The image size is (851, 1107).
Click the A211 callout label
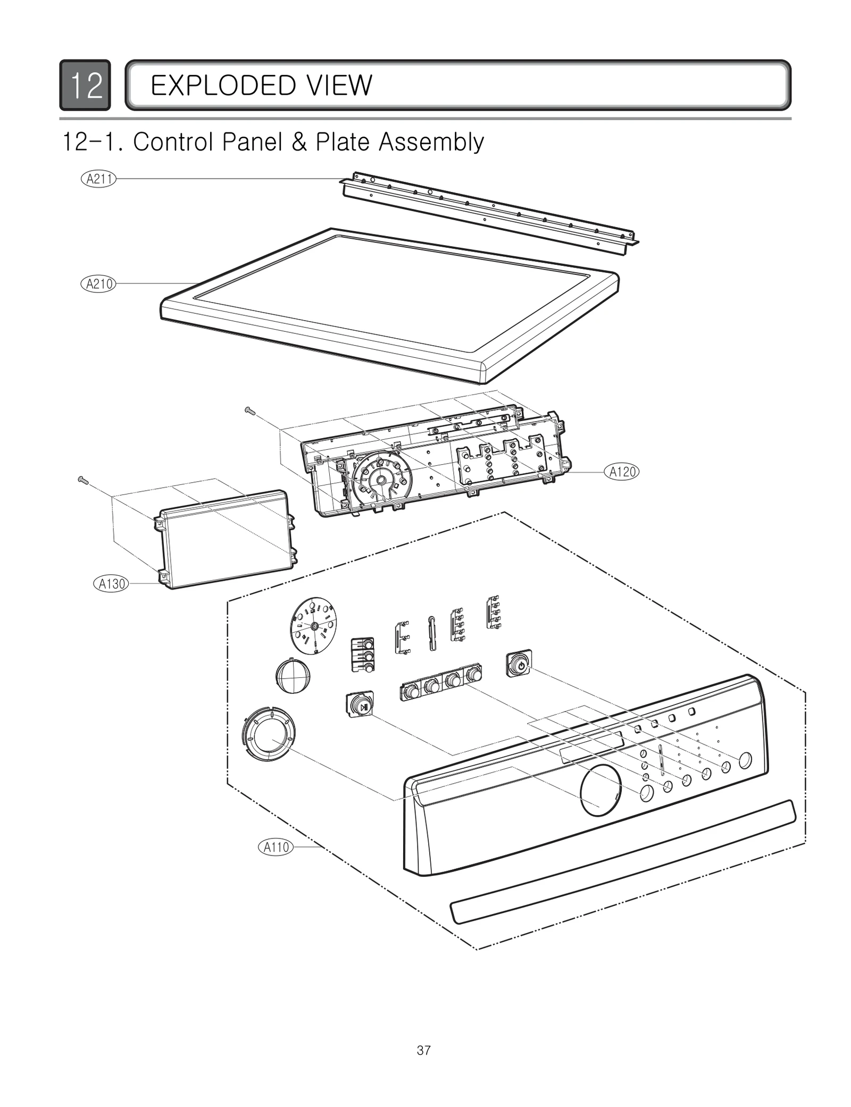pyautogui.click(x=99, y=179)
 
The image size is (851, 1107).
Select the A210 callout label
pyautogui.click(x=99, y=284)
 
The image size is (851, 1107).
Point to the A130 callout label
pyautogui.click(x=112, y=584)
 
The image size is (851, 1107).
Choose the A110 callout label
pyautogui.click(x=276, y=847)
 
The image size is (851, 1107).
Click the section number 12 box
pyautogui.click(x=85, y=85)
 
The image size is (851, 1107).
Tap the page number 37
pyautogui.click(x=424, y=1050)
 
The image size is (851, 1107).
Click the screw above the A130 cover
pyautogui.click(x=83, y=480)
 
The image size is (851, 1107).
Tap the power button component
pyautogui.click(x=519, y=663)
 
